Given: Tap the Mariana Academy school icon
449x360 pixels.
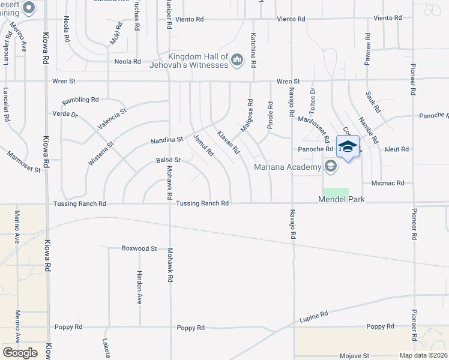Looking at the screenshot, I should (x=330, y=166).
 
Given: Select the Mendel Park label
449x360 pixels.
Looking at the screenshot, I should (x=342, y=199).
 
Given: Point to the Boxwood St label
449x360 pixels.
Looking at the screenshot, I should (x=139, y=248).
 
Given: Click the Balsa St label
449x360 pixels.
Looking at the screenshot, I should (x=168, y=160).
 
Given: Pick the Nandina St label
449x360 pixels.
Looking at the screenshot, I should (x=166, y=140).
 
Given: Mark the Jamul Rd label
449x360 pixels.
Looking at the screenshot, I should (x=203, y=145).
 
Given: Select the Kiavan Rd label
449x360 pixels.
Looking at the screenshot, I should (x=228, y=142).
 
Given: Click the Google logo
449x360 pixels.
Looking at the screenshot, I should (x=19, y=353).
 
